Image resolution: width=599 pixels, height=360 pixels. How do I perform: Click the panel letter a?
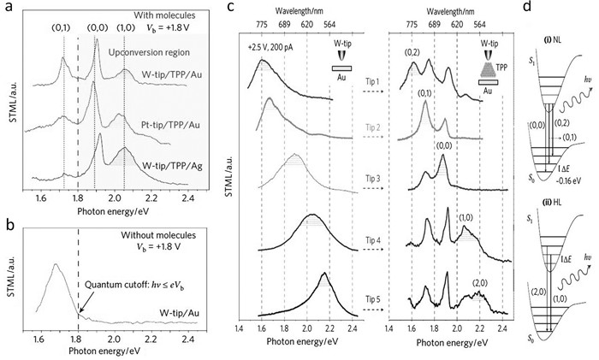click(x=7, y=9)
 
